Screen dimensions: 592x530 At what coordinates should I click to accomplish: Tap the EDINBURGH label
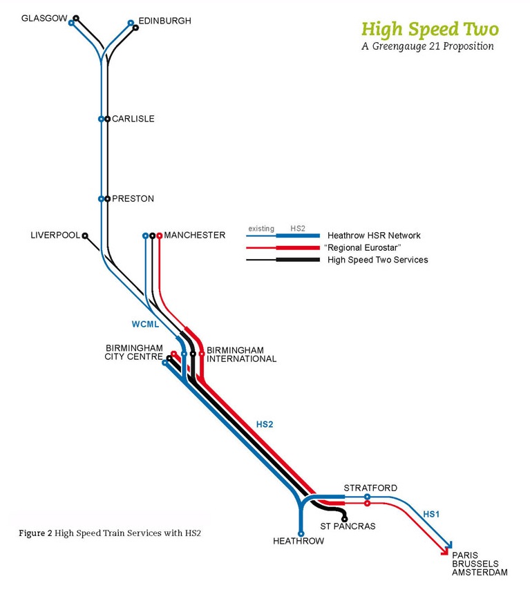click(x=164, y=21)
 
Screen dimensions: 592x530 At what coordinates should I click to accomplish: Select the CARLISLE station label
click(x=133, y=119)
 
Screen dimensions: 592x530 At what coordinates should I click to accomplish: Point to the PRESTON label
click(x=133, y=199)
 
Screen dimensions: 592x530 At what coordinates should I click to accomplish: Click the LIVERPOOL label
click(x=55, y=235)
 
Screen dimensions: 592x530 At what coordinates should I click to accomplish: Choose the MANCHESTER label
click(x=195, y=235)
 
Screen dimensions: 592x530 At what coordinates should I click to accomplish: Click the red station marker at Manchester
click(x=160, y=236)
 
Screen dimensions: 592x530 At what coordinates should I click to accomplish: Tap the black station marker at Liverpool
click(x=85, y=236)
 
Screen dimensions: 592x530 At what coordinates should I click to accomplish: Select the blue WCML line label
click(x=145, y=323)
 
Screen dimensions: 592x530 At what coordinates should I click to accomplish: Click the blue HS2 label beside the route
click(x=265, y=424)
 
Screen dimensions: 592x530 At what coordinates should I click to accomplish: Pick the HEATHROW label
click(x=299, y=541)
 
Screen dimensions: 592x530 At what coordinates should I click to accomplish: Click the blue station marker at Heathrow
click(x=301, y=533)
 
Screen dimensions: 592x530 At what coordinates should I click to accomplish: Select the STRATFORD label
click(x=370, y=488)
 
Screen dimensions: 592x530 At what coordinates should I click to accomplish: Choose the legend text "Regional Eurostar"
click(x=362, y=247)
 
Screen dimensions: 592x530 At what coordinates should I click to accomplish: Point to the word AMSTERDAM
click(x=480, y=573)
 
